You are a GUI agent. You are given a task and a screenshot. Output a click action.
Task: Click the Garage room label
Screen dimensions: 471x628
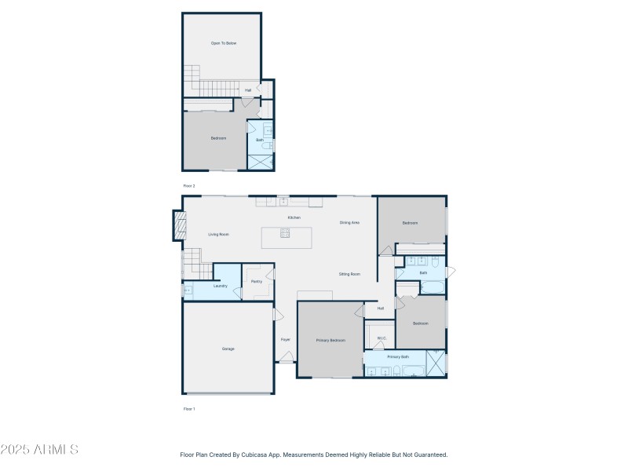(228, 349)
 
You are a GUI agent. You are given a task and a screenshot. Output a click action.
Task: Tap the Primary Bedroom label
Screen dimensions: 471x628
(330, 340)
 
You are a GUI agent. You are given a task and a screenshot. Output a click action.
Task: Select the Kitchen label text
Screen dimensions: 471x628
(294, 217)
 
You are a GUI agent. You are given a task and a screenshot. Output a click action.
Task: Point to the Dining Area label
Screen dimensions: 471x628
(349, 223)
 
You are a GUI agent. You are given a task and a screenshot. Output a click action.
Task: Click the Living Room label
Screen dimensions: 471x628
(218, 234)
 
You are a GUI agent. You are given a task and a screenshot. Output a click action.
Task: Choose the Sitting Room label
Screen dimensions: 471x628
(349, 274)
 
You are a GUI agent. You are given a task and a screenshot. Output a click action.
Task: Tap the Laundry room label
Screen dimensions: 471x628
(220, 286)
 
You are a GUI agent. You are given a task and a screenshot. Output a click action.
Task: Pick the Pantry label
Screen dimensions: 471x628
(256, 281)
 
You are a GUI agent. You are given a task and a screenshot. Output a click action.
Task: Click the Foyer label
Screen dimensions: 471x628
(285, 339)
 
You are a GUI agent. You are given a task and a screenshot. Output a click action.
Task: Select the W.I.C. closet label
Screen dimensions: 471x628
(382, 338)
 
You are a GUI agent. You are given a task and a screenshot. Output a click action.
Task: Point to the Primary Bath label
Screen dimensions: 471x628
(398, 356)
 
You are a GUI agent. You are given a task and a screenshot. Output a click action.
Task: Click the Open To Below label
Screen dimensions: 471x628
(223, 43)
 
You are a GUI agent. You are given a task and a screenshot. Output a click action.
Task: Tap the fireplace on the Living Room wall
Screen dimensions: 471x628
(180, 228)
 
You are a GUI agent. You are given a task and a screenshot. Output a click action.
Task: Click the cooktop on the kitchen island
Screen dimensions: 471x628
(285, 232)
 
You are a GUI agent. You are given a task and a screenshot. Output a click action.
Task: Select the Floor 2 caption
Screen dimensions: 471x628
(188, 186)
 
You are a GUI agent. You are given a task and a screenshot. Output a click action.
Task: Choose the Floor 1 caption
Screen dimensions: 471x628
(188, 409)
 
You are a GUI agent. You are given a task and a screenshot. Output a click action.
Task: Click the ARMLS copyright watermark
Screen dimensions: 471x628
(39, 450)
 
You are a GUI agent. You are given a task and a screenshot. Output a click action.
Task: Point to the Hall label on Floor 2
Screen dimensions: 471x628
(247, 90)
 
